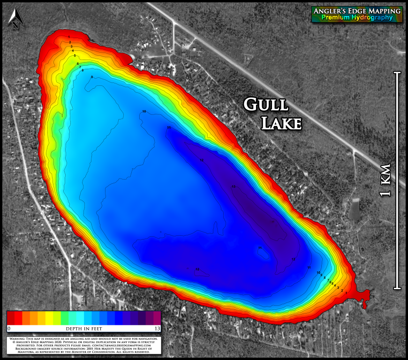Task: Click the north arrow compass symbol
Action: (x=15, y=18)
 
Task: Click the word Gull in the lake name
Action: (x=266, y=105)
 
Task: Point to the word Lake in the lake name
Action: (x=280, y=123)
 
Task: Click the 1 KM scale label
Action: (x=385, y=180)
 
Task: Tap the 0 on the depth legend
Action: (x=9, y=328)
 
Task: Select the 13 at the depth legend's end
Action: (x=157, y=328)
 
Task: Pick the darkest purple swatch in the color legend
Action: (x=157, y=318)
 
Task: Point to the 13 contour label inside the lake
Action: (x=233, y=187)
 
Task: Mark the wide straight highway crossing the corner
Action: (x=263, y=80)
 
